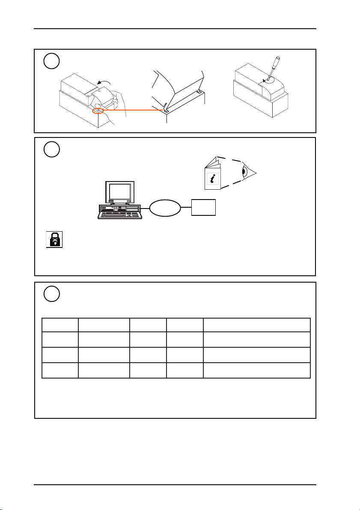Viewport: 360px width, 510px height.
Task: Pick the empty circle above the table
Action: (x=51, y=295)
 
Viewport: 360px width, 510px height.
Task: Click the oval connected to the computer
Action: (x=165, y=208)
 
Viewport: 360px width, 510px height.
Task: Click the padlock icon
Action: (x=54, y=239)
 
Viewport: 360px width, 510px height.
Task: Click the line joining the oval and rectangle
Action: (x=186, y=208)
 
